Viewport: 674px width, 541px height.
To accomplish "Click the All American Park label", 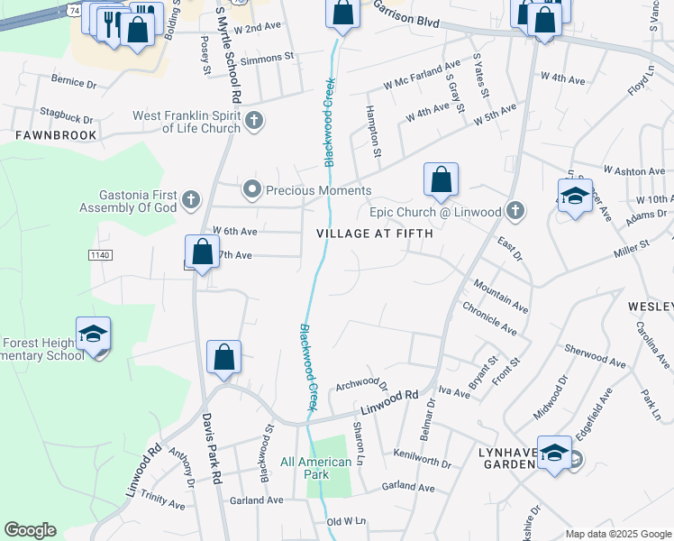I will (x=316, y=469).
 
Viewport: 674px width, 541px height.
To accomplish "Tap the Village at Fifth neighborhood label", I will (x=375, y=234).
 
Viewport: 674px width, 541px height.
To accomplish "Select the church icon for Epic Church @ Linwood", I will (x=515, y=211).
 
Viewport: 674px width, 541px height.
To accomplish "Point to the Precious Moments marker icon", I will (x=251, y=189).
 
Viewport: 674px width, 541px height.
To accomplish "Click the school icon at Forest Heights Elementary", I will (x=93, y=335).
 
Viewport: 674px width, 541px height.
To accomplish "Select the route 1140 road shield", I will (x=100, y=256).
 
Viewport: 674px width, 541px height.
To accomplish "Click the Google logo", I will (x=31, y=530).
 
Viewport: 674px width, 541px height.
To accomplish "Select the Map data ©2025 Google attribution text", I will (x=617, y=534).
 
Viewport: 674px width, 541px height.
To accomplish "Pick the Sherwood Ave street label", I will (x=595, y=355).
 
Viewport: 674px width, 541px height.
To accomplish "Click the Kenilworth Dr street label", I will (x=422, y=461).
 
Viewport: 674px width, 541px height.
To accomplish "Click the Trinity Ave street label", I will (x=162, y=501).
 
